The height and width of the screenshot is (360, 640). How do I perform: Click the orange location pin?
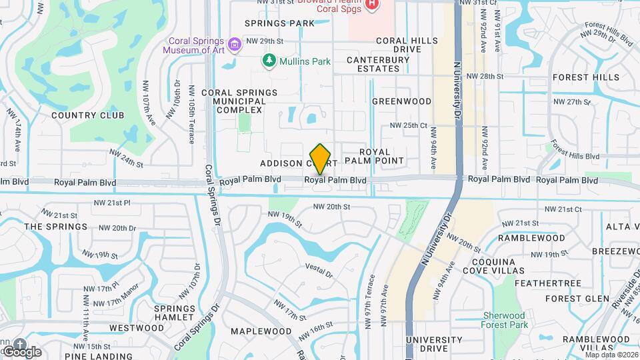coord(321,159)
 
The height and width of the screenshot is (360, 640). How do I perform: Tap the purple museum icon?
coord(234,45)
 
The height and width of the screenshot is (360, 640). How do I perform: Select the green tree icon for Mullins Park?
coord(269,61)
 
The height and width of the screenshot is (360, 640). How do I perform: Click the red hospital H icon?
coord(372,5)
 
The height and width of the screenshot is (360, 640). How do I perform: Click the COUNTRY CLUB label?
coord(87,115)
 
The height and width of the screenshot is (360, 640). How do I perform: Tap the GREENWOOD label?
coord(402,101)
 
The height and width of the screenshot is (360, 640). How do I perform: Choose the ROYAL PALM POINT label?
coord(381,156)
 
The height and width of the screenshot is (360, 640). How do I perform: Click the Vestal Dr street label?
coord(319,270)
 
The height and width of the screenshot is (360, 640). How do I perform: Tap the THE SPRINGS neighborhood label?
coord(56,227)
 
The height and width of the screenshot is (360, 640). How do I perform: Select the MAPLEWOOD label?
coord(261,331)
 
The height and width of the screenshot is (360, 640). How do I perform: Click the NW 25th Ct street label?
coord(408,125)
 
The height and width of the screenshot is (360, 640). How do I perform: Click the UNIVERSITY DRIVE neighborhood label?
coord(434,344)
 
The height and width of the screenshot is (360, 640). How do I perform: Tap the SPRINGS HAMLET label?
coord(175,313)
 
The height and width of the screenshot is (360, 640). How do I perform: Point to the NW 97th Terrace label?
coord(371,300)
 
